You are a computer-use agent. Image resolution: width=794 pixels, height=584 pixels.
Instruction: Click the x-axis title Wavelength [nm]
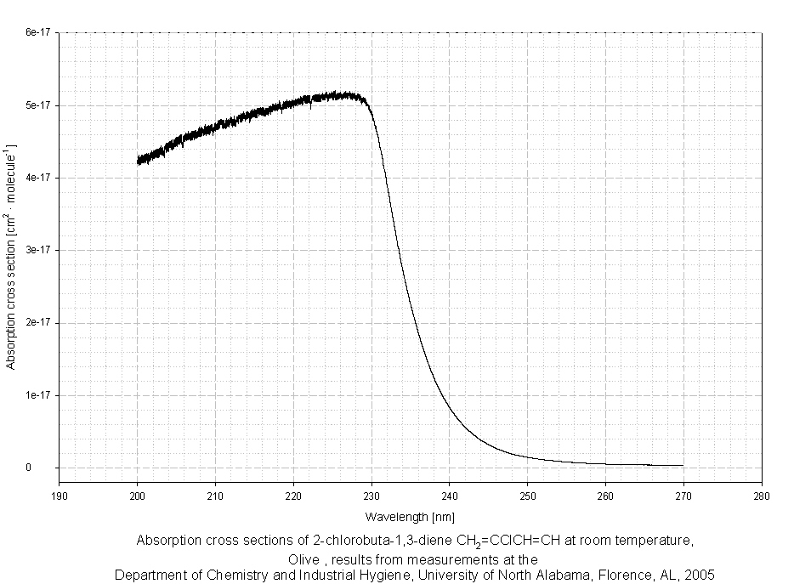tap(411, 516)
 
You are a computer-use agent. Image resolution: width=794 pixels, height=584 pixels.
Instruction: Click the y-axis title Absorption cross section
tap(11, 255)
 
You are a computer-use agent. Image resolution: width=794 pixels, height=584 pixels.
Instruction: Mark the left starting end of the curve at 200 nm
tap(138, 160)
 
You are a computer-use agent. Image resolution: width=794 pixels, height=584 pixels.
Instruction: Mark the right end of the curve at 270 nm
tap(682, 465)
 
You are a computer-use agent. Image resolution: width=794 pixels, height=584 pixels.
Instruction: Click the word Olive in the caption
tap(303, 559)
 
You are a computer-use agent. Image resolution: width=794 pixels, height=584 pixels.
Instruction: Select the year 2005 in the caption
tap(699, 575)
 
